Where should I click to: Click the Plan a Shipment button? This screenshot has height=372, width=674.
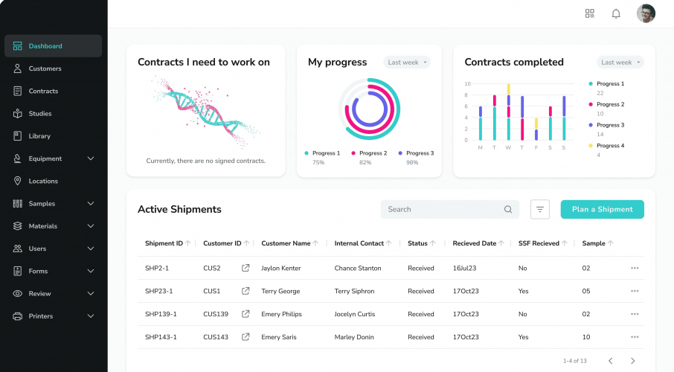click(x=602, y=210)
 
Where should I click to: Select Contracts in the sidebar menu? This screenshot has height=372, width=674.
click(x=43, y=92)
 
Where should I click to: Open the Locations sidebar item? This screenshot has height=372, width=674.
click(x=43, y=182)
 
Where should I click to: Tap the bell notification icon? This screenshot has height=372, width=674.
click(x=616, y=13)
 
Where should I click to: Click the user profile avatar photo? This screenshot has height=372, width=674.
click(x=646, y=13)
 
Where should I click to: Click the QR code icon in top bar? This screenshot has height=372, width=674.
click(x=590, y=13)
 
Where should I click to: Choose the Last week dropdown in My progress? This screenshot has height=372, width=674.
click(x=407, y=62)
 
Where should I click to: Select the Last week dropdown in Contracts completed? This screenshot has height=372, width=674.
click(x=620, y=62)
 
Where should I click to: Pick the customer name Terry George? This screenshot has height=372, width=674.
click(x=280, y=291)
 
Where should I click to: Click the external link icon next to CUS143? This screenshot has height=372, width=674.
click(x=245, y=337)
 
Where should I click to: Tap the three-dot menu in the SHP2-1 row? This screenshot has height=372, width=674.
click(x=635, y=268)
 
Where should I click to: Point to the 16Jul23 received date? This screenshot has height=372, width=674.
click(x=464, y=268)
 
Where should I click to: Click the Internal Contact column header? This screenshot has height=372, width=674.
click(x=359, y=243)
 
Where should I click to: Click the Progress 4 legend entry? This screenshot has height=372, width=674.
click(x=609, y=146)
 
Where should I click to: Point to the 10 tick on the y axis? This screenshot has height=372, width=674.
click(x=466, y=84)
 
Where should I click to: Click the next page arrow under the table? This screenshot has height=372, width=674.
click(x=633, y=361)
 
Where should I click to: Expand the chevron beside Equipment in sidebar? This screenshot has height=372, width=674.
click(x=91, y=158)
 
